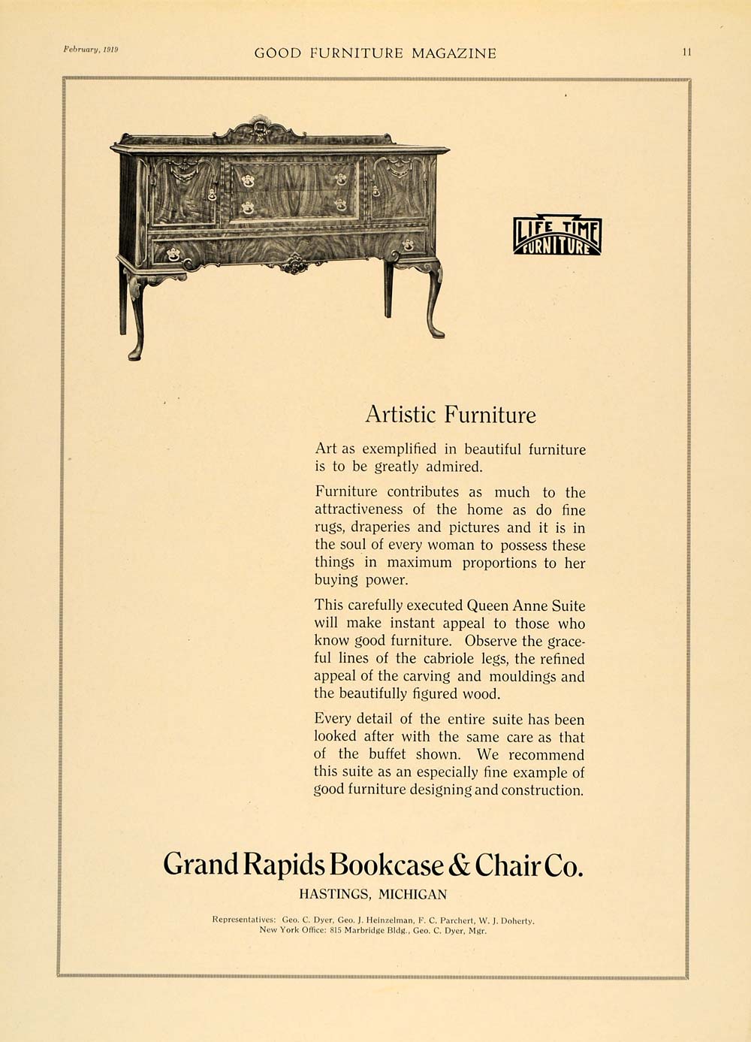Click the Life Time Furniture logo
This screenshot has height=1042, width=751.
click(557, 236)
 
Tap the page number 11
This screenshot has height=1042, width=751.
click(687, 53)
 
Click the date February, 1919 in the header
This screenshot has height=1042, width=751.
click(91, 50)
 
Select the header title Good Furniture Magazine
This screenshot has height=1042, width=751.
click(375, 53)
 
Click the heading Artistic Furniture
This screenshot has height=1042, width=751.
click(450, 415)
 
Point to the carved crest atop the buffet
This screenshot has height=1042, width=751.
click(259, 131)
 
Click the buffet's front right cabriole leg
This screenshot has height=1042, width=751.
click(433, 297)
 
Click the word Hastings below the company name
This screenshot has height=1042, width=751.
click(334, 894)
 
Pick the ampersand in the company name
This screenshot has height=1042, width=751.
click(459, 865)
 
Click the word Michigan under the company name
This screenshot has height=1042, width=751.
click(412, 894)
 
